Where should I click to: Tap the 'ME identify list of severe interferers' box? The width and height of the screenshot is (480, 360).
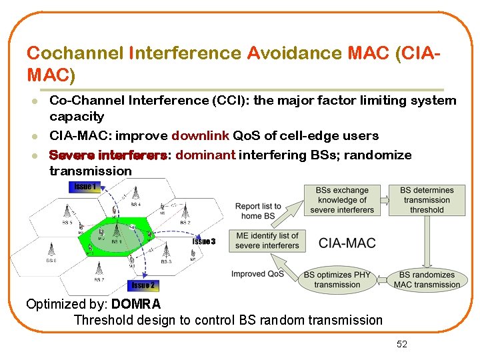coord(267,241)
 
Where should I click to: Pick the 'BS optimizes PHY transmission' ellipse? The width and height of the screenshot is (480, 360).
coord(337,279)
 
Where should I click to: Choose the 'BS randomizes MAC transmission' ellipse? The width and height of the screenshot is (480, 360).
coord(427,279)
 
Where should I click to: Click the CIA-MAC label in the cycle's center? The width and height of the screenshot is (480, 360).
coord(347,243)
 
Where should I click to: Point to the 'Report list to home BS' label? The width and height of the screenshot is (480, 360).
coord(258,211)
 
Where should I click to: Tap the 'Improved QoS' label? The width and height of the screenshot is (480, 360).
coord(257,274)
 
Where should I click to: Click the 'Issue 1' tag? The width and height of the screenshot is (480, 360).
coord(84,186)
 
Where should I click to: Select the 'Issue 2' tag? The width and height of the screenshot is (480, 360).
coord(143,285)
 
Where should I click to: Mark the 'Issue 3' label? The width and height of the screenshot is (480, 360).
coord(203,241)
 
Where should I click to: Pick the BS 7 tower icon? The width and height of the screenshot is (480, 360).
coord(99,269)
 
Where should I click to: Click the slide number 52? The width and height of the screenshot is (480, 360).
coord(401,344)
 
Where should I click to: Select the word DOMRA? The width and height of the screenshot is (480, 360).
coord(136,305)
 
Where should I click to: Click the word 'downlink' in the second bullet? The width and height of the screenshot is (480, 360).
coord(199,136)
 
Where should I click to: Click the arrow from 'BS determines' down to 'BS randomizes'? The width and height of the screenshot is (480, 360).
coord(427,241)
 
